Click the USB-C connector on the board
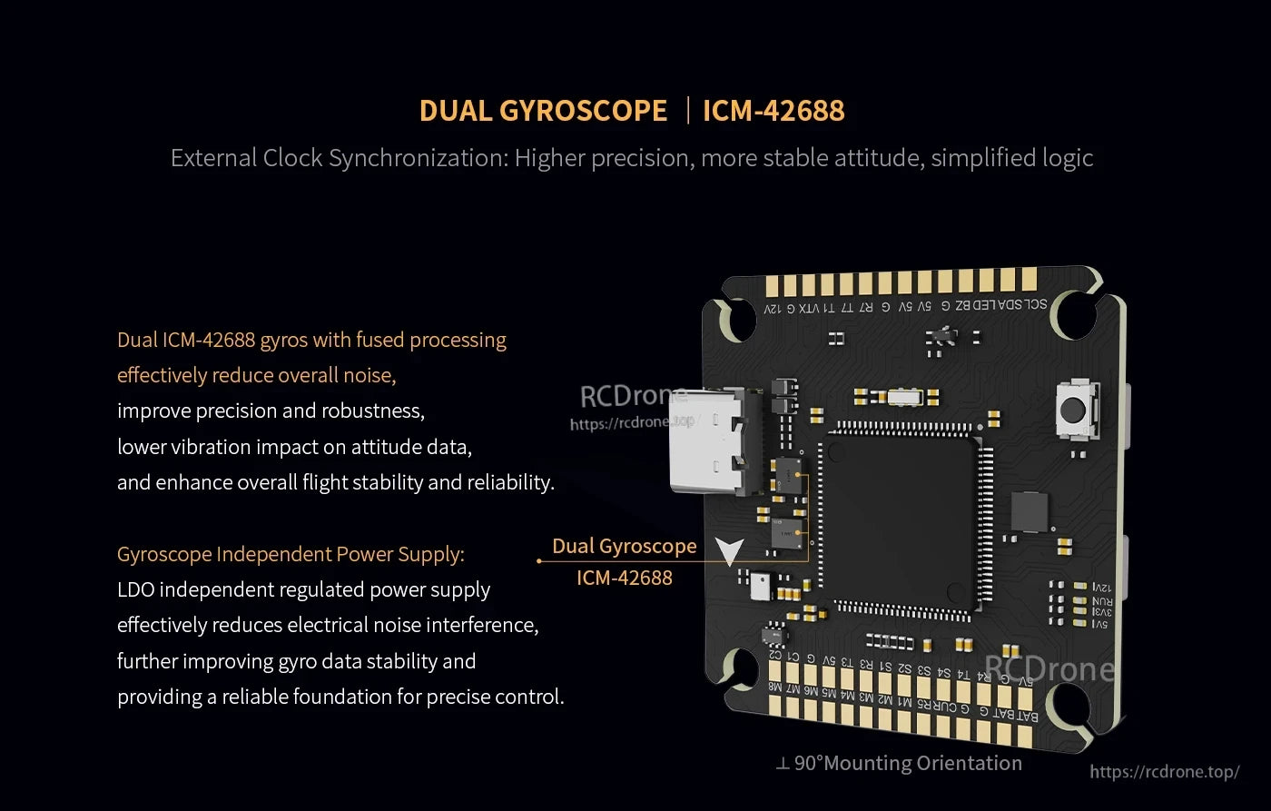[x=713, y=441]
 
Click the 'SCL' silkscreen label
[x=1036, y=305]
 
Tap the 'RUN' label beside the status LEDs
[x=1101, y=600]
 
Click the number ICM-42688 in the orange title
[x=773, y=111]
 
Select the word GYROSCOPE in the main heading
[x=583, y=111]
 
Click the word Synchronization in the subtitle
[x=419, y=158]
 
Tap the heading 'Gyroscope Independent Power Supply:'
[x=291, y=554]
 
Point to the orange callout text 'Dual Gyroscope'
[x=624, y=546]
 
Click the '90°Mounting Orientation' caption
[x=908, y=764]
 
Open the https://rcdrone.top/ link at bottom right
[x=1164, y=772]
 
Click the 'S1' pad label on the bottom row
[x=885, y=668]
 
